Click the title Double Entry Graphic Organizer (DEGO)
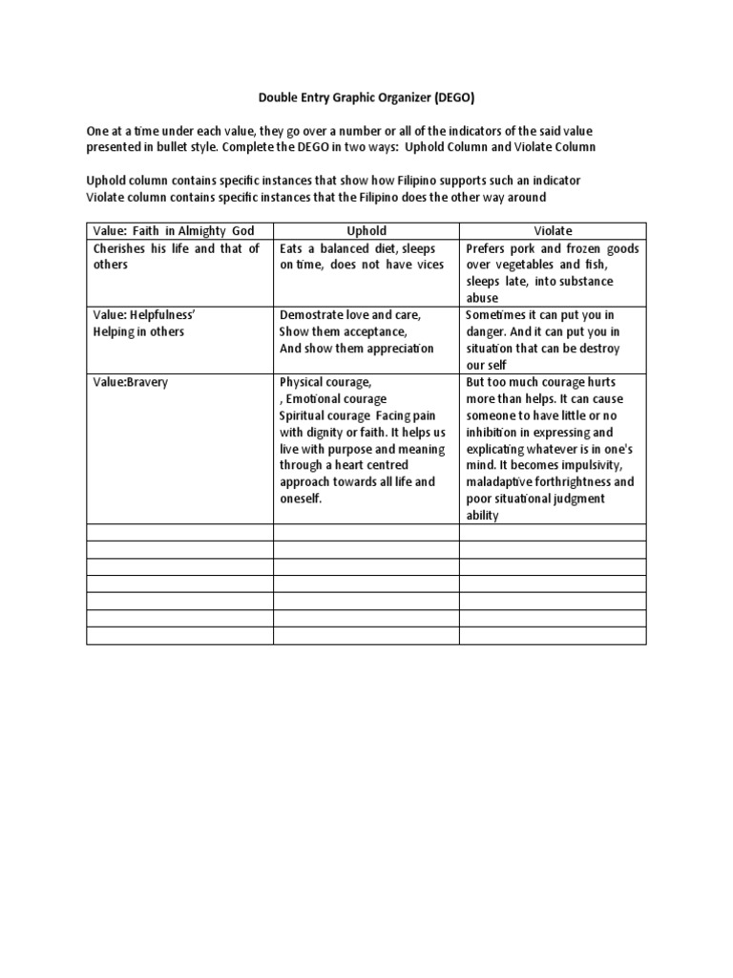click(x=366, y=97)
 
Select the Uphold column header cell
click(x=366, y=231)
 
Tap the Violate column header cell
click(x=553, y=231)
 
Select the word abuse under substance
click(x=483, y=298)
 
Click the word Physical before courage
click(x=305, y=382)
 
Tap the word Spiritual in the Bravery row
click(x=305, y=415)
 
